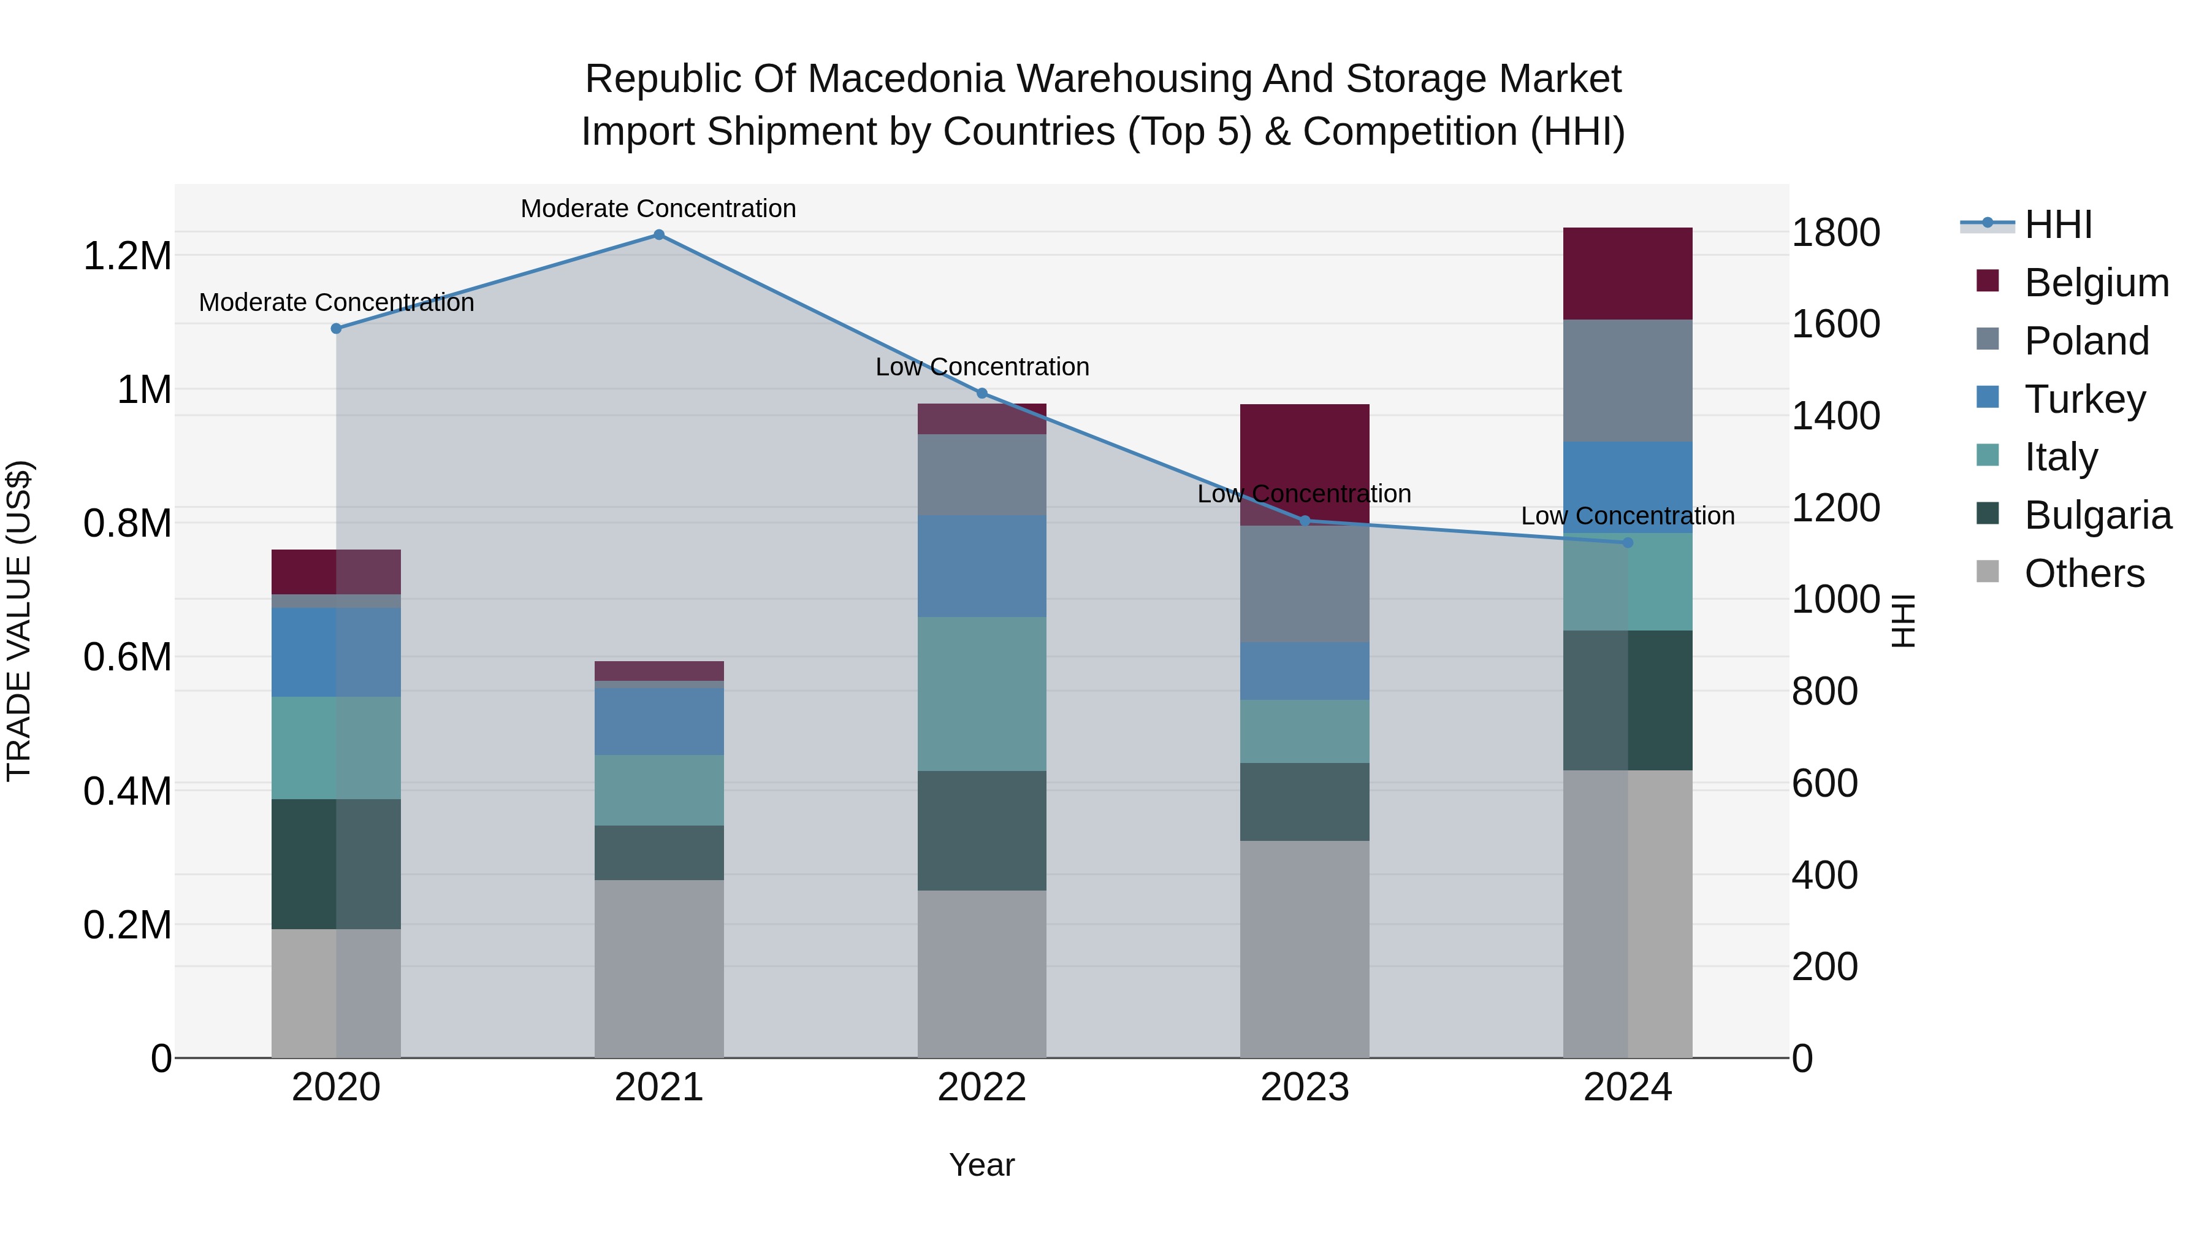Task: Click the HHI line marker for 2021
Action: point(659,235)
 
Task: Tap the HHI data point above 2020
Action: point(336,328)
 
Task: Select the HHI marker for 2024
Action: point(1628,543)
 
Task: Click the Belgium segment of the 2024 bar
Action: point(1628,274)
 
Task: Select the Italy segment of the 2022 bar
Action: point(982,694)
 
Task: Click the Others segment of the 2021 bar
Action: point(659,968)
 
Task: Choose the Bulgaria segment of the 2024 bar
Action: point(1628,700)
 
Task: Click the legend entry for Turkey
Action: point(2084,399)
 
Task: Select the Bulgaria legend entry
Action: point(2097,516)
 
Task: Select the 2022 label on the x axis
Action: point(982,1087)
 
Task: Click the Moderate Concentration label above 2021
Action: point(659,209)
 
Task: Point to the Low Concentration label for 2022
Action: point(982,367)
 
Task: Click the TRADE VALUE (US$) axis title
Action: point(19,621)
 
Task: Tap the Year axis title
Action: point(982,1165)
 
